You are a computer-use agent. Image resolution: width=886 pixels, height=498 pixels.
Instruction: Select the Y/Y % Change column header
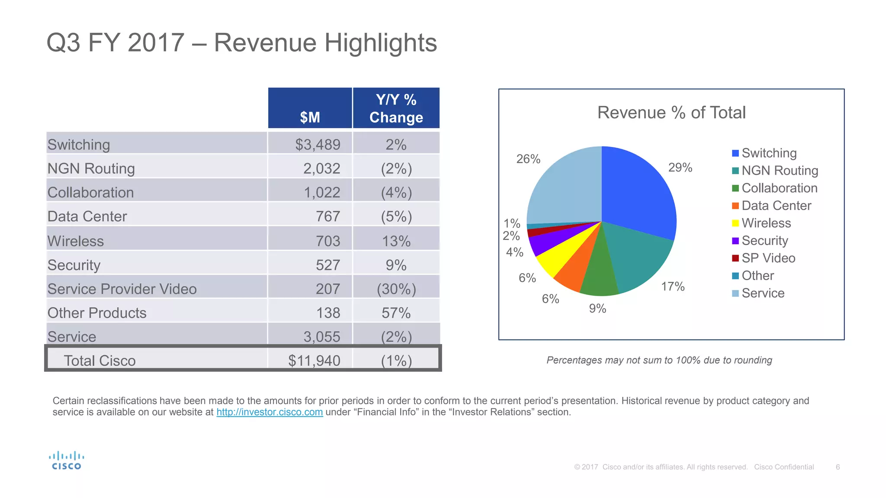click(396, 109)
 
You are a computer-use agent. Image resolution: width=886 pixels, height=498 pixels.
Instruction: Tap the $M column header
click(310, 117)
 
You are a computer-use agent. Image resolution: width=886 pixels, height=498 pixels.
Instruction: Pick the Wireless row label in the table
click(76, 241)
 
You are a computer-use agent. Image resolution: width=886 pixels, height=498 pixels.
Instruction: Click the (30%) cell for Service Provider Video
click(396, 289)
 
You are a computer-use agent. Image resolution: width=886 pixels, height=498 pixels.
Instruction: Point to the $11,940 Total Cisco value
click(314, 361)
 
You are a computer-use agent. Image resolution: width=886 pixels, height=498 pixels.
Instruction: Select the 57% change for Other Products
click(396, 313)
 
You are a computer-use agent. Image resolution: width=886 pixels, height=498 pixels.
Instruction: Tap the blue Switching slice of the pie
click(636, 195)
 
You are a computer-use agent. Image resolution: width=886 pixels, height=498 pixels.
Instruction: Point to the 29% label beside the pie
click(680, 168)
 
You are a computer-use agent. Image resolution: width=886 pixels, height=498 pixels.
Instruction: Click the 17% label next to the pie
click(673, 287)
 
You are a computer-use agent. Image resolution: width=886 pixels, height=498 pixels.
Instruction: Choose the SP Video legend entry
click(768, 258)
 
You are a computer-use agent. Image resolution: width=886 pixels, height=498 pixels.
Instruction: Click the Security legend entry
click(764, 240)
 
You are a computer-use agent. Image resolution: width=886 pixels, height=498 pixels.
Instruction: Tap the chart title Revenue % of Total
click(671, 112)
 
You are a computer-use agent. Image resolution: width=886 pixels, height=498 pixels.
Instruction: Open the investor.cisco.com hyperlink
click(270, 412)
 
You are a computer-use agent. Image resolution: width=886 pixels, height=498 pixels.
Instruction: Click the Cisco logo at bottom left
click(66, 460)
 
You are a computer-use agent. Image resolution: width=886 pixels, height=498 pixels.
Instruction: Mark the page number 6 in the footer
click(838, 467)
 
